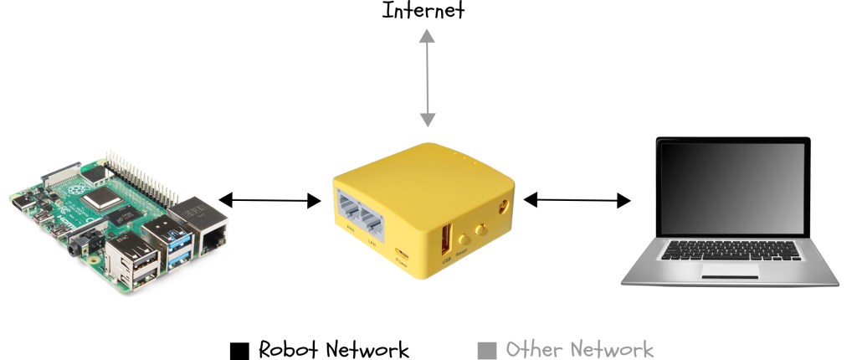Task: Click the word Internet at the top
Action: tap(423, 11)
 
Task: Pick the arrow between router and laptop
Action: tap(577, 200)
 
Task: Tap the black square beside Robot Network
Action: tap(240, 349)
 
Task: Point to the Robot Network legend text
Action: tap(333, 349)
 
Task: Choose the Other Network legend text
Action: tap(579, 349)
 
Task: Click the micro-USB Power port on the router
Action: tap(402, 255)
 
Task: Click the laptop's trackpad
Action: tap(729, 270)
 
